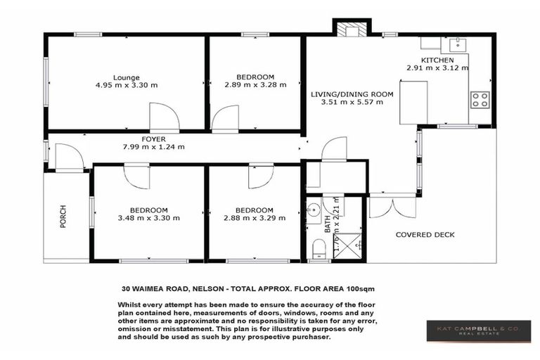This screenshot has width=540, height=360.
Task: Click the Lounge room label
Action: pos(127,77)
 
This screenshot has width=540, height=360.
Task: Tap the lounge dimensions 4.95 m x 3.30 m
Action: pos(127,85)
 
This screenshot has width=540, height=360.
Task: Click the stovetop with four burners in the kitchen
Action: pos(481,100)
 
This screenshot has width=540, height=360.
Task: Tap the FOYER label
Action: pos(153,139)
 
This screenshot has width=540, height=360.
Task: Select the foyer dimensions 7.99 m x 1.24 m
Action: pos(153,147)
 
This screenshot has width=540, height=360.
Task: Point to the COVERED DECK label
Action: pos(425,235)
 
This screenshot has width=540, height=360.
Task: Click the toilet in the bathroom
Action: pos(318,247)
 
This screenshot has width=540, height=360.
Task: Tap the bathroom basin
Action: pos(314,209)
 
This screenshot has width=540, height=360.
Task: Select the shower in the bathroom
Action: pos(347,246)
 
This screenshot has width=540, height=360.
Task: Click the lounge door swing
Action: pos(162,117)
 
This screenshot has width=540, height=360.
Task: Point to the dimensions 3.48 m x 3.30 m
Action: pos(148,218)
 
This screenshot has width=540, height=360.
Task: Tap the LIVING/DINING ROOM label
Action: pos(352,94)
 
